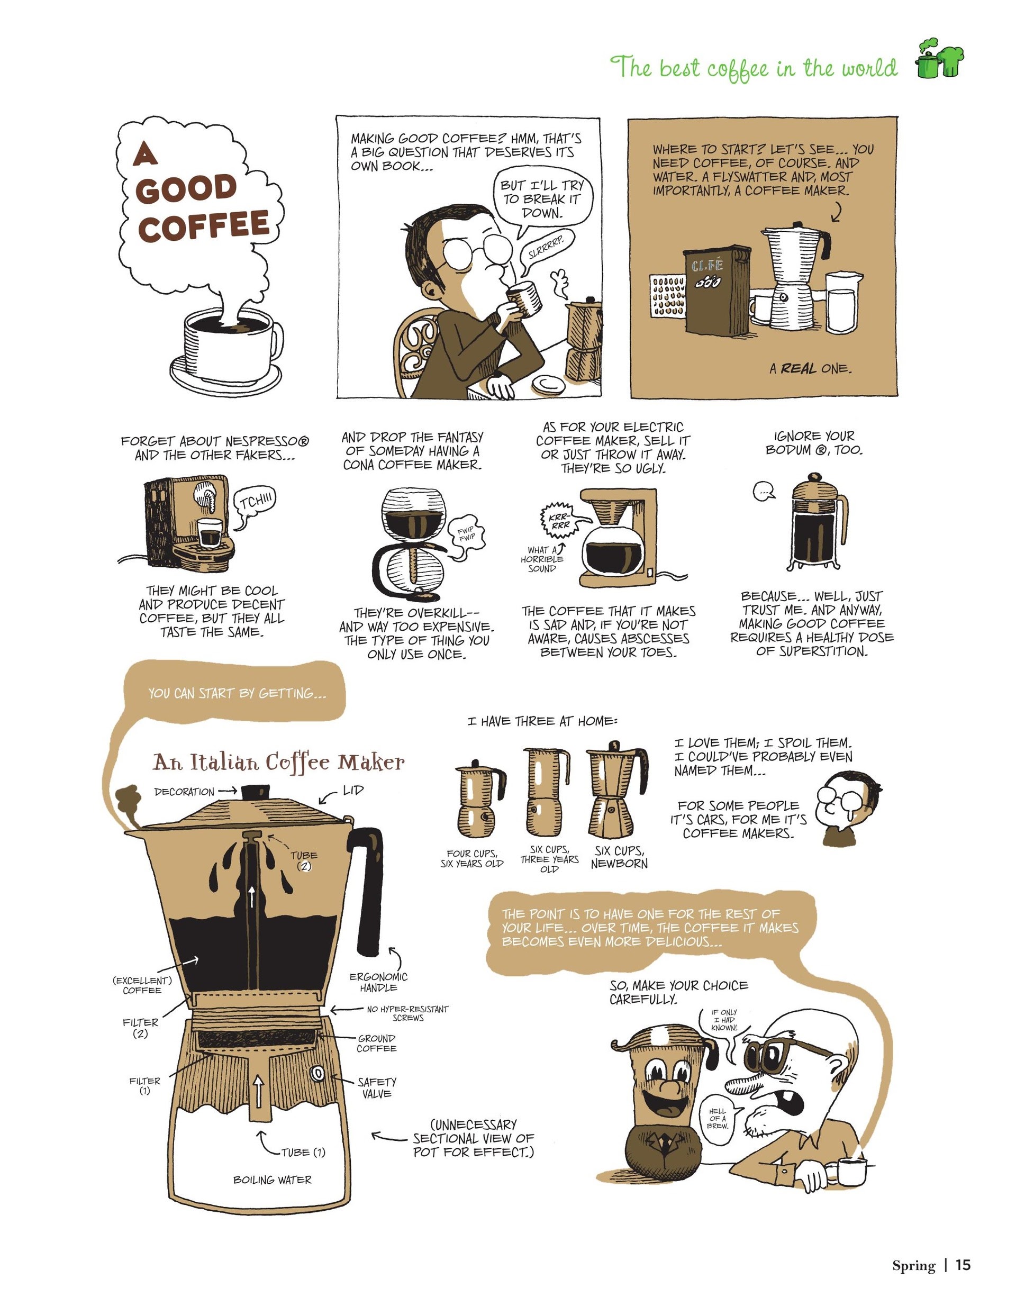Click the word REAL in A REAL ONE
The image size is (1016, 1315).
click(799, 368)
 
